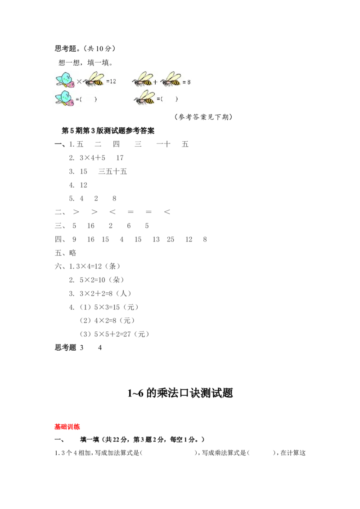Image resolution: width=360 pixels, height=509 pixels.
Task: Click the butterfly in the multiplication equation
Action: pos(64,80)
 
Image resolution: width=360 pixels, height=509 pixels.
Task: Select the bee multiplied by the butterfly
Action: pos(94,80)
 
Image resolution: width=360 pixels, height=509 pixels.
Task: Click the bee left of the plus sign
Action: pos(142,80)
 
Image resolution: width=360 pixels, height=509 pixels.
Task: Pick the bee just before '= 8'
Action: pos(171,80)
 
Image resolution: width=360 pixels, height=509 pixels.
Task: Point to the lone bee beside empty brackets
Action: pos(145,98)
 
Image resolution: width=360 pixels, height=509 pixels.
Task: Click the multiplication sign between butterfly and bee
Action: pos(79,82)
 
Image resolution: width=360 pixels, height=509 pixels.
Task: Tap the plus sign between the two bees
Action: pos(155,82)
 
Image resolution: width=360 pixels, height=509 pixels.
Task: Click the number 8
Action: pos(189,82)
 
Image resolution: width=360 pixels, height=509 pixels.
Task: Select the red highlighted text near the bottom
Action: pos(67,426)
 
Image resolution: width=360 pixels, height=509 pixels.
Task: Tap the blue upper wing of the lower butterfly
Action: pos(63,96)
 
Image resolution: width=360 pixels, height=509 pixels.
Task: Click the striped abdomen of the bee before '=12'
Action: pos(98,82)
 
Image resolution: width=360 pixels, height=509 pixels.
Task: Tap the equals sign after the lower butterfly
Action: pos(77,99)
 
